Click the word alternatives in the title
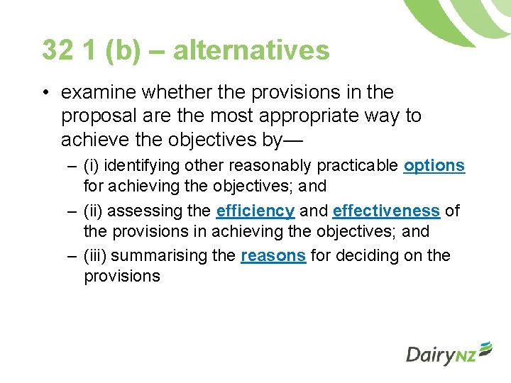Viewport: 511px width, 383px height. (251, 50)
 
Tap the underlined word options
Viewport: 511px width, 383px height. (434, 166)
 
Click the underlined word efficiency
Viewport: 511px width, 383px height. (255, 211)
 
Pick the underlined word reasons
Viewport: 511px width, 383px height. (273, 255)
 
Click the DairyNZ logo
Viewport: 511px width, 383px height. (449, 353)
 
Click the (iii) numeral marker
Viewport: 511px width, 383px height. (97, 255)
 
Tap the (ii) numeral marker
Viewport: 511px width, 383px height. (96, 211)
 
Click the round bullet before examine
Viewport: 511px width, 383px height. (45, 93)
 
